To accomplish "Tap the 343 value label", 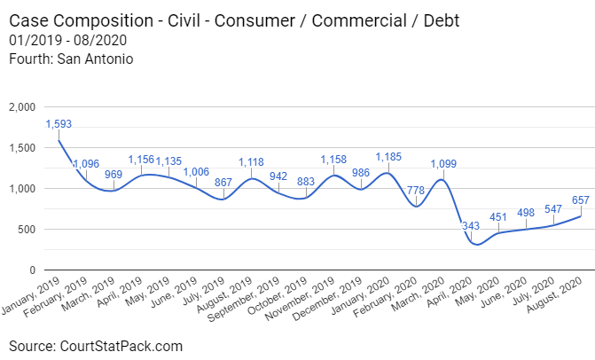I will [471, 227].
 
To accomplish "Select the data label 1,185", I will [388, 157].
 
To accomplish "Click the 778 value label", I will [416, 191].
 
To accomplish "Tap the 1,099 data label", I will [443, 164].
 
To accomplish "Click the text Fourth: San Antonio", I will [70, 59].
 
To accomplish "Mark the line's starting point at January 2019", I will [59, 140].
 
